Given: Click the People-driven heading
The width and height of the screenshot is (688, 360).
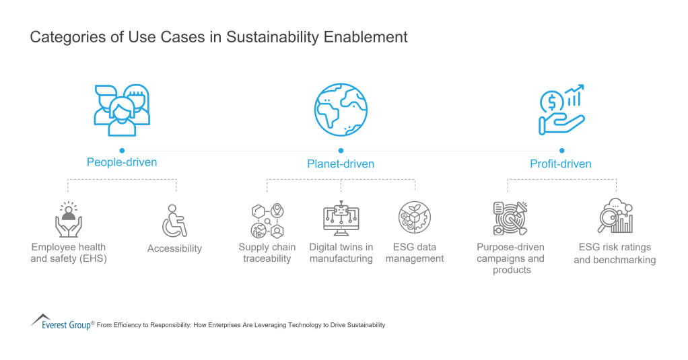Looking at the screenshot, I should pyautogui.click(x=122, y=162).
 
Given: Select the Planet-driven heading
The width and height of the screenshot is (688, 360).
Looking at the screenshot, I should pyautogui.click(x=341, y=164).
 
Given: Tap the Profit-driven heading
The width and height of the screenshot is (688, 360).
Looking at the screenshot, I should pyautogui.click(x=560, y=164).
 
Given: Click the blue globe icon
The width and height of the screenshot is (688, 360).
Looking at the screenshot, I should pyautogui.click(x=341, y=110).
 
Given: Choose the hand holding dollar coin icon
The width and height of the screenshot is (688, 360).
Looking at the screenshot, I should pyautogui.click(x=561, y=110).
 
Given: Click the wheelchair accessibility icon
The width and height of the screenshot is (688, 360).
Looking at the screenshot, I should pyautogui.click(x=174, y=221).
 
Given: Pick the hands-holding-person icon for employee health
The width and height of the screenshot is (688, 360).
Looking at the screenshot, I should pyautogui.click(x=68, y=219).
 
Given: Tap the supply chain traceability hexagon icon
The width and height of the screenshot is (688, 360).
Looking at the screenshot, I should pyautogui.click(x=267, y=220).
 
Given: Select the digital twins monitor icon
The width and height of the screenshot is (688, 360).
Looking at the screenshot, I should pyautogui.click(x=341, y=219).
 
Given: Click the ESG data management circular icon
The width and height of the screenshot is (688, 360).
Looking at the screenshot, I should pyautogui.click(x=414, y=218).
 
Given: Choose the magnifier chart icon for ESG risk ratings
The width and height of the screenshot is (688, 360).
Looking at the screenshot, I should pyautogui.click(x=615, y=217).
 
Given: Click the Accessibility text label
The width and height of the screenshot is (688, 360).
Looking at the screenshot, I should pyautogui.click(x=174, y=248).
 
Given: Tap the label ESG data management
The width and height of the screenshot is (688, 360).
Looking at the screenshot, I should pyautogui.click(x=415, y=253).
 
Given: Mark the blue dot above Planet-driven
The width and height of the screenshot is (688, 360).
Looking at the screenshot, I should pyautogui.click(x=341, y=151).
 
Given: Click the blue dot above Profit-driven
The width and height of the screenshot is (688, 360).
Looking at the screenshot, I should pyautogui.click(x=561, y=151).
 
